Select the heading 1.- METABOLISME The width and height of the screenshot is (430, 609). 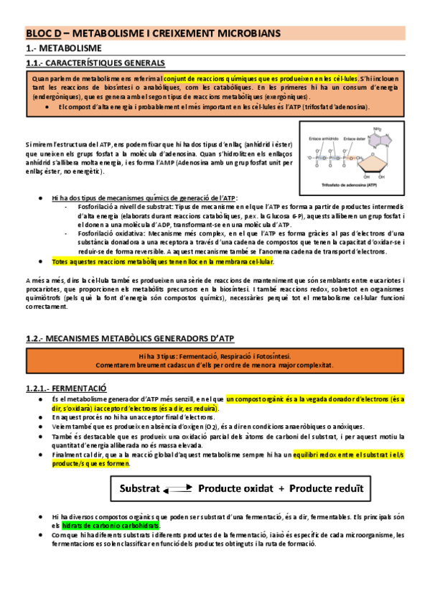pyautogui.click(x=62, y=47)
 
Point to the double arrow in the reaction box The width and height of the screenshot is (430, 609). pyautogui.click(x=177, y=489)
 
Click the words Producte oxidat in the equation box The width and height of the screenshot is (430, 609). pyautogui.click(x=235, y=488)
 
